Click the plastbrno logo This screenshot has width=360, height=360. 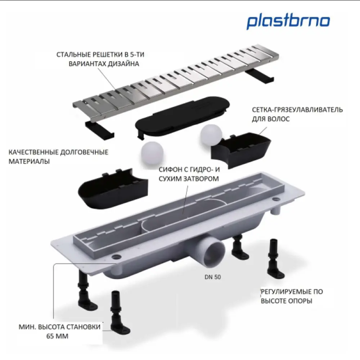click(288, 22)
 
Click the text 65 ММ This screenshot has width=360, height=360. click(58, 337)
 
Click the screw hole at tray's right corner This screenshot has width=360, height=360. click(276, 199)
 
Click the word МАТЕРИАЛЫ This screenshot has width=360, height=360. click(29, 161)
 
